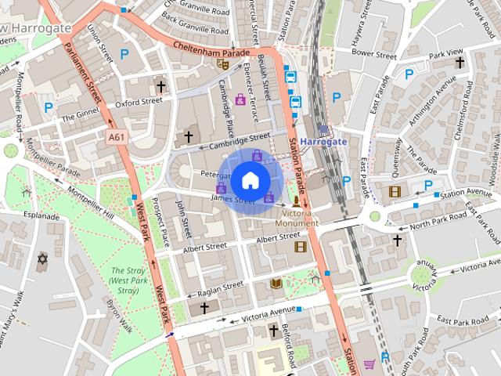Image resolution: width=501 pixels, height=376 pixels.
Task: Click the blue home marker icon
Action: pyautogui.click(x=250, y=180)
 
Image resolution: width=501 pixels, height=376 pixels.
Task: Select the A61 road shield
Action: pyautogui.click(x=117, y=136)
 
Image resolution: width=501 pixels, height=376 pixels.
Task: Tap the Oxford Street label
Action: pyautogui.click(x=138, y=101)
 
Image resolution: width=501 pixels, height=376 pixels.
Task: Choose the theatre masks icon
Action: pyautogui.click(x=222, y=65)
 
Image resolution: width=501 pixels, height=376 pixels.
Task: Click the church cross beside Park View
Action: pyautogui.click(x=460, y=62)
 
